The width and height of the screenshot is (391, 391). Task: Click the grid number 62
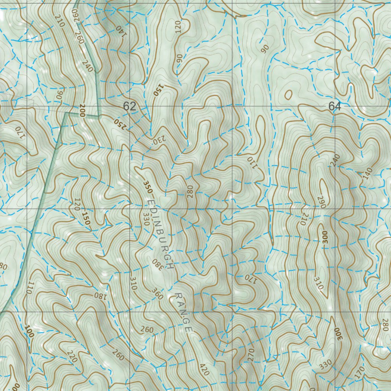[x=129, y=106]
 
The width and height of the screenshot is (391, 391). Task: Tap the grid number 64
[x=334, y=107]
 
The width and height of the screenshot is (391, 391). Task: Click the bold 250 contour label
[x=119, y=123]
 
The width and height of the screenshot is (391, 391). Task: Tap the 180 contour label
[x=99, y=295]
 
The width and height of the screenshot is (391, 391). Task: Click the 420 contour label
[x=204, y=370]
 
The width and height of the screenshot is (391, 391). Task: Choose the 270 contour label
[x=250, y=355]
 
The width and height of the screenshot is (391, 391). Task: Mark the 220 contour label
[x=71, y=356]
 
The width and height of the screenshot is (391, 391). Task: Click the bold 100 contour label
[x=29, y=331]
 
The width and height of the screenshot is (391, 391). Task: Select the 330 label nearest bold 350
[x=145, y=219]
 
